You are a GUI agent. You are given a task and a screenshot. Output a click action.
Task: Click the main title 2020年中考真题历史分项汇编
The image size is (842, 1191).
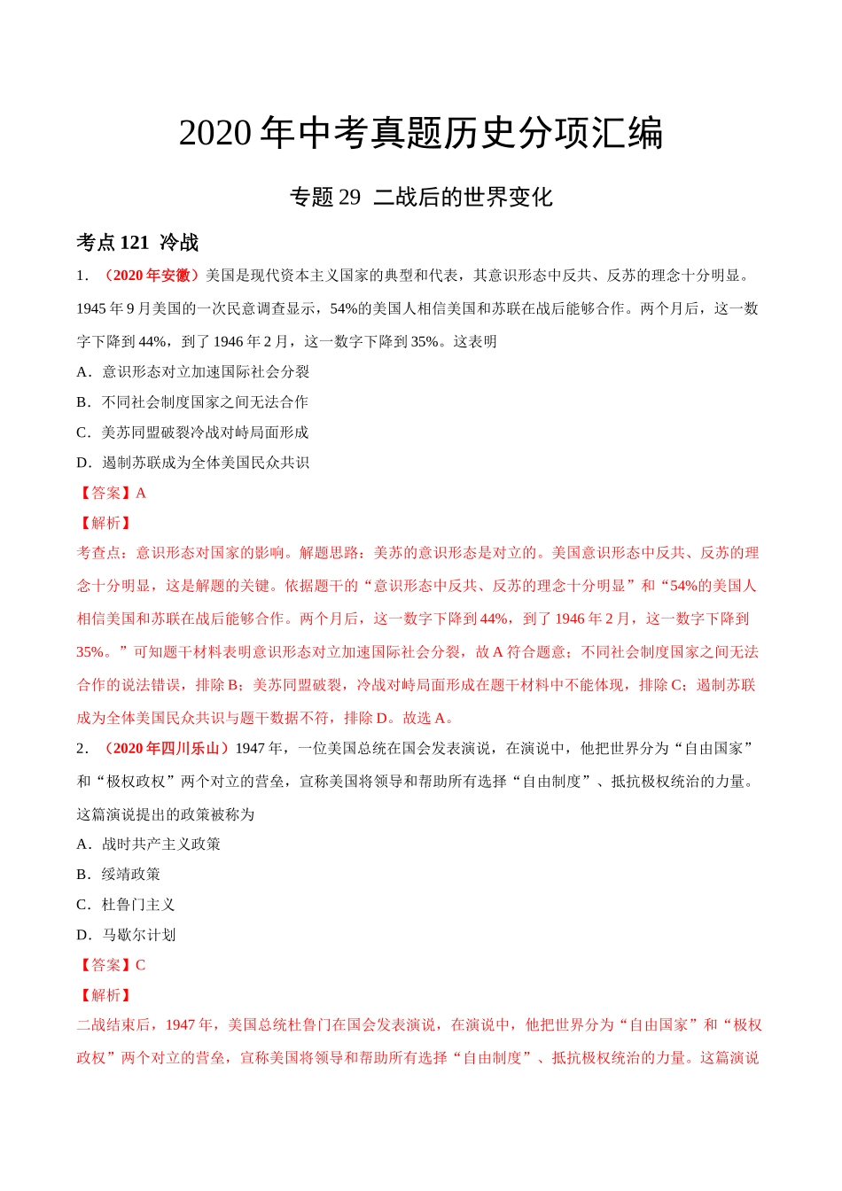tap(421, 134)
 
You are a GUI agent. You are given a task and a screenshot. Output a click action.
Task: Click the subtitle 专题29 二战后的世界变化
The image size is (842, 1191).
tap(421, 197)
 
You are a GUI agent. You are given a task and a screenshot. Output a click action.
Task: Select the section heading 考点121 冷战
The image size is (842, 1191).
tap(137, 242)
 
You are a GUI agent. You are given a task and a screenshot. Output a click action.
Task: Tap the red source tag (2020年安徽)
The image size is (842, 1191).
tap(151, 276)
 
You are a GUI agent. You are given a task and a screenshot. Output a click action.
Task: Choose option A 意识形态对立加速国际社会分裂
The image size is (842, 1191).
tap(193, 372)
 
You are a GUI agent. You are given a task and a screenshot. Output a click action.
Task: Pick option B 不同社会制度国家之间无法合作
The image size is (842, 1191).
tap(192, 402)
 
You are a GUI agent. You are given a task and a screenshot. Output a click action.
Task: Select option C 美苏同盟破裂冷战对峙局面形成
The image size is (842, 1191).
tap(192, 432)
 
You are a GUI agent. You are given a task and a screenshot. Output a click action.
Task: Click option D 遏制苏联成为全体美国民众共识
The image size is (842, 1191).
tap(192, 463)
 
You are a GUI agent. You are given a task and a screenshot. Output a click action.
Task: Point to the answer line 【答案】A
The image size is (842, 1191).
tap(112, 493)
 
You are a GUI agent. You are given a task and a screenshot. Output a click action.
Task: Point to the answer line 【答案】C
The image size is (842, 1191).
tap(112, 965)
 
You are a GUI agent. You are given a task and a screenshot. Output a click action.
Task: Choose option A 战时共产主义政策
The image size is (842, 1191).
tap(149, 845)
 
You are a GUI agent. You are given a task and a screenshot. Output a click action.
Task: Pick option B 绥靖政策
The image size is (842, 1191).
tap(119, 875)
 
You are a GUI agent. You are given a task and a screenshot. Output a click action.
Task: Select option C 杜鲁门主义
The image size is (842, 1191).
tap(126, 905)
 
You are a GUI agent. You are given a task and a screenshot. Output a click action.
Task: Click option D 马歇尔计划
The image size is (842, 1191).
tap(127, 935)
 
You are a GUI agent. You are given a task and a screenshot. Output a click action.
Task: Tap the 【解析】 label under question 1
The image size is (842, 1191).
tap(105, 523)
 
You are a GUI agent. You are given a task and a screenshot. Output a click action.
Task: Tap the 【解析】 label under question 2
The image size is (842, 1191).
tap(105, 995)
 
